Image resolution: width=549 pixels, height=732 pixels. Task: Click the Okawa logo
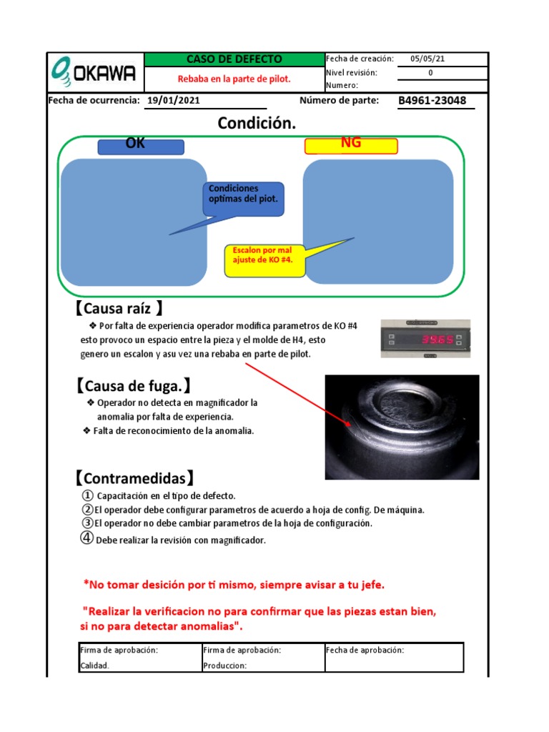tap(95, 71)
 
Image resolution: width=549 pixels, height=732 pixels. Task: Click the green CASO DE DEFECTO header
tap(234, 59)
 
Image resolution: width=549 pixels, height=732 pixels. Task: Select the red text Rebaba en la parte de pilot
tap(234, 79)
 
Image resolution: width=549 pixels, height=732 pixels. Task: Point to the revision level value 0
tap(430, 72)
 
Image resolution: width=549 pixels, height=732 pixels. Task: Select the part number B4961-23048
tap(432, 101)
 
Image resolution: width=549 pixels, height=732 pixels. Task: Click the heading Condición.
tap(257, 124)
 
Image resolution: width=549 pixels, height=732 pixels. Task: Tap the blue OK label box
tap(141, 146)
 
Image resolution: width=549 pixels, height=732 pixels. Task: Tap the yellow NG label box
tap(351, 145)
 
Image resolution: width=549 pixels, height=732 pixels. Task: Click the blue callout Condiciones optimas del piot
tap(244, 198)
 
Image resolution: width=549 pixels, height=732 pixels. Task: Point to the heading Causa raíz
tap(119, 309)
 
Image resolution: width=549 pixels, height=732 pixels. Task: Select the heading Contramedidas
tap(134, 478)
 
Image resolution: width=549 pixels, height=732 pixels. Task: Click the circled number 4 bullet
tap(85, 539)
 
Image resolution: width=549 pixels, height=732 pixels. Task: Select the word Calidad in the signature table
tap(95, 666)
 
